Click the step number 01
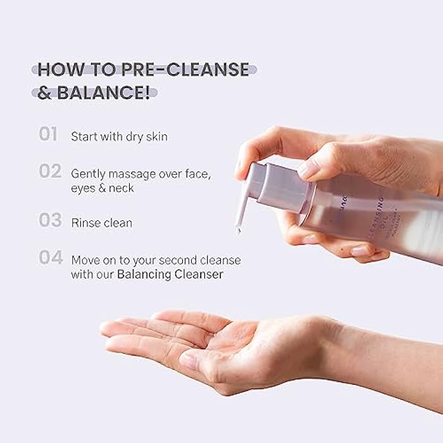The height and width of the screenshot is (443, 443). pos(48,134)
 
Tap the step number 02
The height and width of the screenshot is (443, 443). pos(49,172)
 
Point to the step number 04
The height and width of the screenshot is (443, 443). pos(49,258)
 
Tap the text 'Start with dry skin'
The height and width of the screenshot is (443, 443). pos(119,136)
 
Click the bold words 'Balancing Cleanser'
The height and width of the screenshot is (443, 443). pos(170,275)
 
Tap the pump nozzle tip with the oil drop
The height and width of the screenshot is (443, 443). pos(239,229)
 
